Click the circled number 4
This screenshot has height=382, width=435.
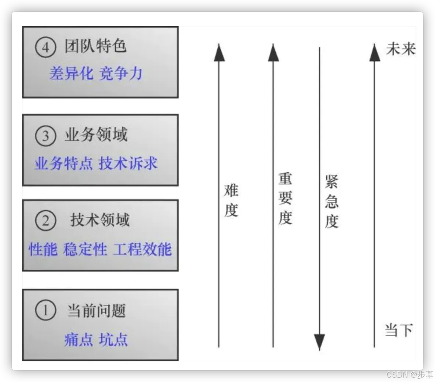tap(46, 48)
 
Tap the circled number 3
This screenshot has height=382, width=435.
tap(46, 136)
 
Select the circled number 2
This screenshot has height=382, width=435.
tap(46, 221)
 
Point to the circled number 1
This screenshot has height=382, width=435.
tap(46, 310)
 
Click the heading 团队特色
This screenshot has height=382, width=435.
tap(96, 47)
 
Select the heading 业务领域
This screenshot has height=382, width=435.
tap(96, 135)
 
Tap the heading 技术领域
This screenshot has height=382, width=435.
tap(100, 220)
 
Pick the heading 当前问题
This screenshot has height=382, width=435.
tap(96, 311)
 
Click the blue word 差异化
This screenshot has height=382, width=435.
tap(71, 74)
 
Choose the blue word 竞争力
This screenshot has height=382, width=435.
tap(121, 74)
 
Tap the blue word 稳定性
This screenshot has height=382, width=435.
tap(85, 249)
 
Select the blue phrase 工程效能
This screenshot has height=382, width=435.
tap(142, 249)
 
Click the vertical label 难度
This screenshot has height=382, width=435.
tap(231, 201)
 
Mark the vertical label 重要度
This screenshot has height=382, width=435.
tap(285, 198)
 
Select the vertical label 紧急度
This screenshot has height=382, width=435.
tap(331, 202)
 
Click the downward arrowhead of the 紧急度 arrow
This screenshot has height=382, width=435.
tap(319, 341)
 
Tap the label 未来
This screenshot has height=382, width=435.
tap(400, 49)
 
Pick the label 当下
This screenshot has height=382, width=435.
tap(399, 330)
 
